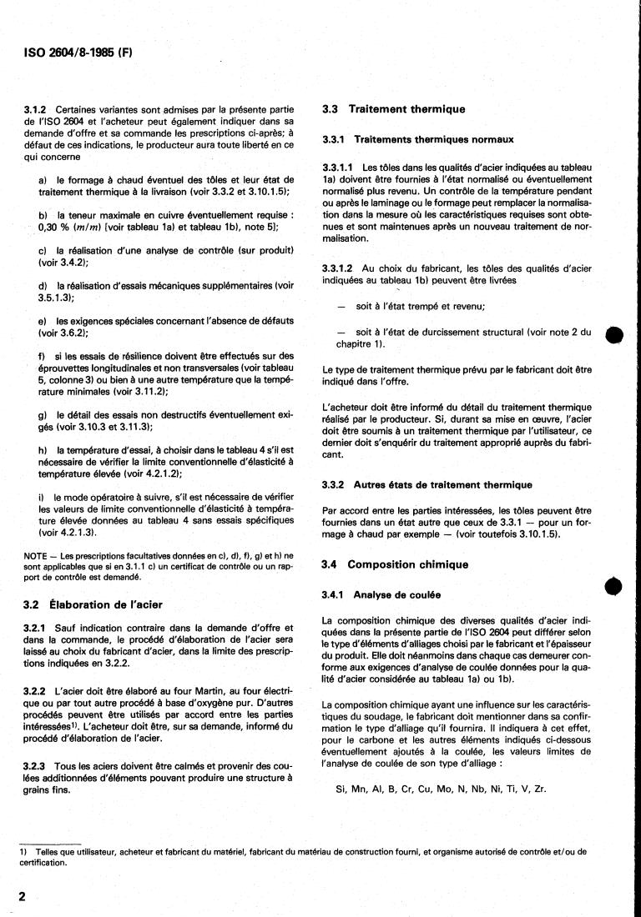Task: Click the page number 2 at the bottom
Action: coord(22,896)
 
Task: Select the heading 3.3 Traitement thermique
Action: coord(394,109)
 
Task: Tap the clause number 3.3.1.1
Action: coord(338,168)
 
